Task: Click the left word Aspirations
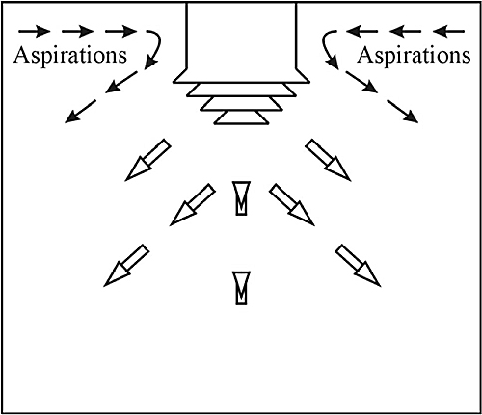[x=70, y=56]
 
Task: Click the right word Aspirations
[x=414, y=56]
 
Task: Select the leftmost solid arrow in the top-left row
[x=35, y=32]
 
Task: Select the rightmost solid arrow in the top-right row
[x=448, y=32]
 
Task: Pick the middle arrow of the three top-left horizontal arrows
[x=78, y=32]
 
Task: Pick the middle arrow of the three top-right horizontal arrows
[x=405, y=32]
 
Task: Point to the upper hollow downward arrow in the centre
[x=241, y=198]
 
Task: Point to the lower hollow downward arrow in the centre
[x=241, y=288]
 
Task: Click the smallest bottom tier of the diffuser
[x=241, y=117]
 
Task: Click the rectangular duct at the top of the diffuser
[x=241, y=36]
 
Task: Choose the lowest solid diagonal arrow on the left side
[x=80, y=112]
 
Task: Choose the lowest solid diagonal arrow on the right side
[x=402, y=112]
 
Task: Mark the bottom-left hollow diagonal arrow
[x=126, y=266]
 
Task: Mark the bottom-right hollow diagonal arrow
[x=358, y=266]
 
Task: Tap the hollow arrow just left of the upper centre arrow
[x=193, y=205]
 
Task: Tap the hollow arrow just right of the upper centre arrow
[x=292, y=205]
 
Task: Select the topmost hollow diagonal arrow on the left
[x=147, y=160]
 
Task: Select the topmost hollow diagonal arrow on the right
[x=328, y=160]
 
